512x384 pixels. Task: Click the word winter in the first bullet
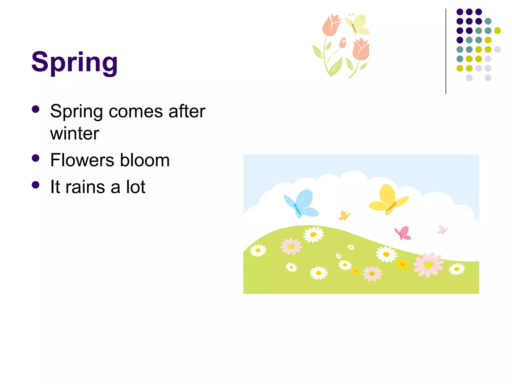pos(74,133)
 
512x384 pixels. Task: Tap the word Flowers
pos(83,160)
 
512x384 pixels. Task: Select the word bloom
pos(145,160)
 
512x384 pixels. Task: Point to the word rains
pos(85,187)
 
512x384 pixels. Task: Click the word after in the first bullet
pos(187,111)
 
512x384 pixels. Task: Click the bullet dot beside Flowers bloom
pos(36,158)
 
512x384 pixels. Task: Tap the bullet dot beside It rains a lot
pos(36,185)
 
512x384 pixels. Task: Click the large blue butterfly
pos(301,203)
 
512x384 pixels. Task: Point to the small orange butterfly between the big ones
pos(344,215)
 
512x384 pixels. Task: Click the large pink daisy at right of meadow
pos(428,265)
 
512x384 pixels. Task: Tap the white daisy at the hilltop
pos(313,234)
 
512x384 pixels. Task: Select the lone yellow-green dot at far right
pos(497,30)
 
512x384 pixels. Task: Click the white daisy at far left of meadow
pos(258,250)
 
